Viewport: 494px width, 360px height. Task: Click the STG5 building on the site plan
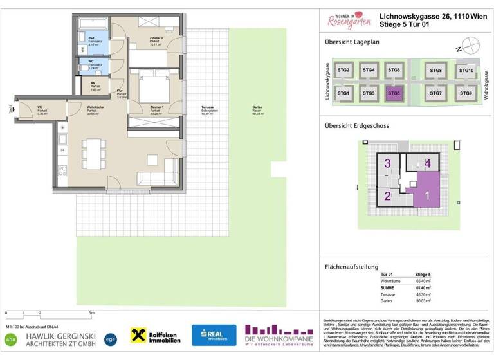pos(394,93)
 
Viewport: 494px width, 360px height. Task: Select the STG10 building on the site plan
pos(466,71)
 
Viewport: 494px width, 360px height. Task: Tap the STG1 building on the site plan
pos(343,93)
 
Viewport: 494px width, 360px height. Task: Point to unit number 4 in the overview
pos(428,164)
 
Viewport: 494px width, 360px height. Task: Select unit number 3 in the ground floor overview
pos(387,164)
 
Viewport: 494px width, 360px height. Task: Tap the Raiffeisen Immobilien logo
pos(157,334)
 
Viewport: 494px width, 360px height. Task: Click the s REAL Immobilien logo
pos(214,334)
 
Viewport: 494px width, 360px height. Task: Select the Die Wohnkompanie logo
pos(279,334)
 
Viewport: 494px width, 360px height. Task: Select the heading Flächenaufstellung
pos(351,266)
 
